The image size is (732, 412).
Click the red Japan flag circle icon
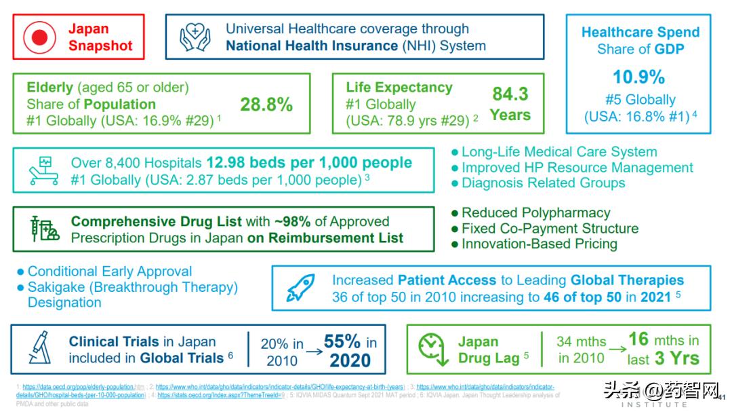(x=39, y=38)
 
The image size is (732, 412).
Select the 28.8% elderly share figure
(x=266, y=105)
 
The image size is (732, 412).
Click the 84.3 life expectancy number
(x=510, y=94)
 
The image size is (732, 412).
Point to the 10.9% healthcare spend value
(x=638, y=77)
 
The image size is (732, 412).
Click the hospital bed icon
(x=43, y=170)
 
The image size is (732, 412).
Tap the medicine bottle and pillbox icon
(x=45, y=229)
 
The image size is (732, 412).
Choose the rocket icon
(x=300, y=288)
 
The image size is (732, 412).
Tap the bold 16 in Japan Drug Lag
(x=638, y=339)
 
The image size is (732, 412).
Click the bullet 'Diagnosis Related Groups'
(x=543, y=183)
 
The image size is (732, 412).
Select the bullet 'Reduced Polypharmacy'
(x=535, y=212)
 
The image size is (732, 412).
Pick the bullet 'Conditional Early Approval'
(x=109, y=271)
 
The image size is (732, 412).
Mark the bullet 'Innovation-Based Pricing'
(x=539, y=244)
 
